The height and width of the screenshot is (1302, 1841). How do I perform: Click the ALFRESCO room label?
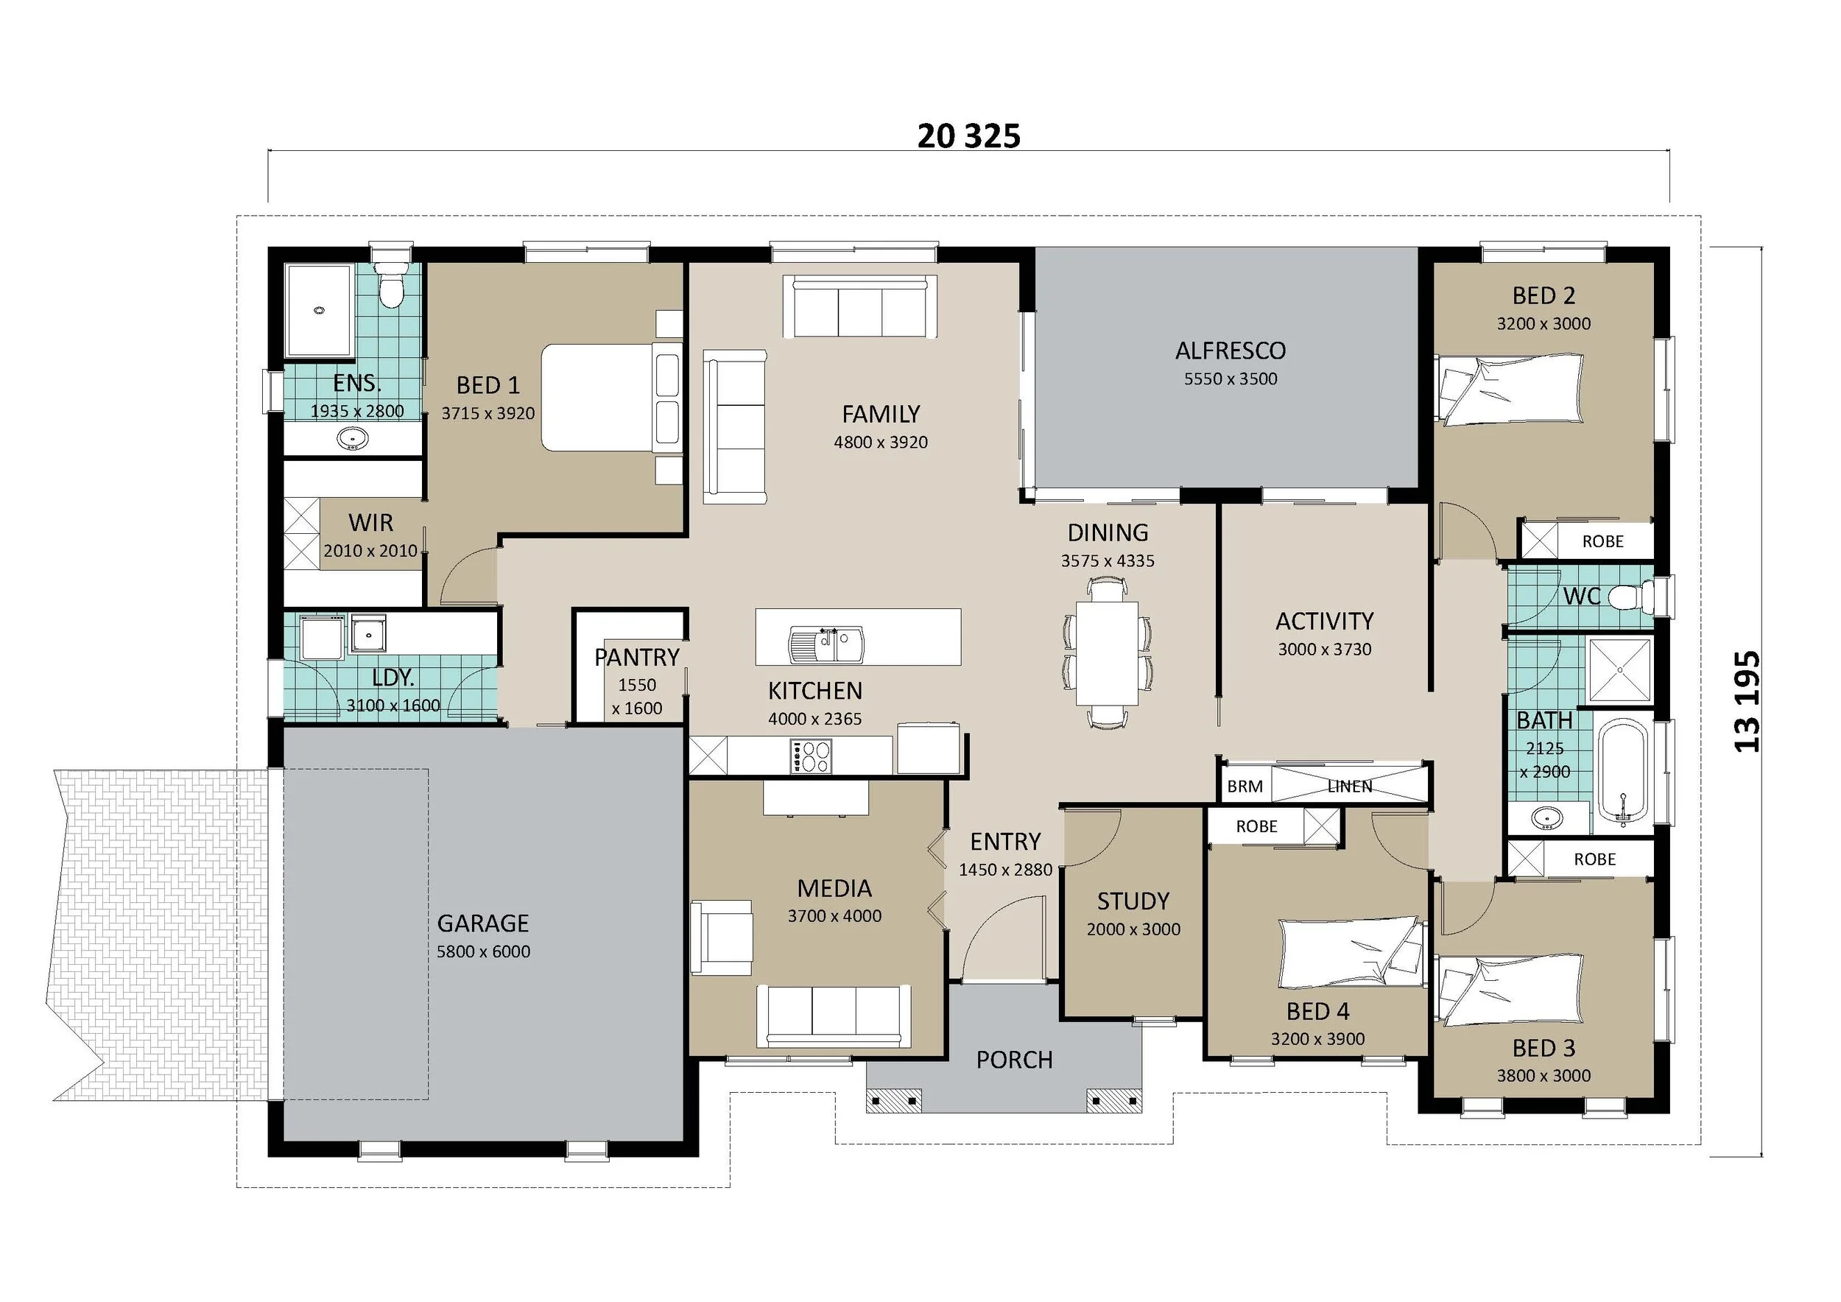1230,351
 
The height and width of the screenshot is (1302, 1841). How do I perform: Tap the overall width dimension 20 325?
968,136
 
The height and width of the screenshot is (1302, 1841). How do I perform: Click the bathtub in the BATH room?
1622,775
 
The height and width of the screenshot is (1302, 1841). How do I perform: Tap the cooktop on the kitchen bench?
812,756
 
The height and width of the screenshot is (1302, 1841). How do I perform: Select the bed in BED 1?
611,398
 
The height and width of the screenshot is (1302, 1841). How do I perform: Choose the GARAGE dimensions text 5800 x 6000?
484,951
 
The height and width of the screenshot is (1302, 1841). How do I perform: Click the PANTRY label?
637,658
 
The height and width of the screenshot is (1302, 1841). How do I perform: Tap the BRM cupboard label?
1245,787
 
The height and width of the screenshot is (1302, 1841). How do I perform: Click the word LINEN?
1350,787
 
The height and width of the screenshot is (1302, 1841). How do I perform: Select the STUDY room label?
1133,901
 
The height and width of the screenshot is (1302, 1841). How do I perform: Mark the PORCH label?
1014,1060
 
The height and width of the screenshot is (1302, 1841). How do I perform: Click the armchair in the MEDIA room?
722,938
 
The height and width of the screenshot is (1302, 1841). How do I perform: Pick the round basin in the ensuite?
352,440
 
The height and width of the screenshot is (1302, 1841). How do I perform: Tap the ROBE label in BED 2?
1603,542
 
